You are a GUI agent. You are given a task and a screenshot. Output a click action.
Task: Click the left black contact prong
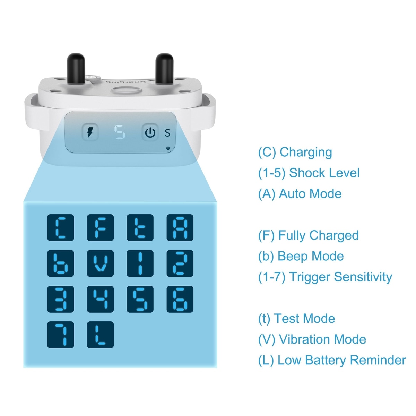coord(76,68)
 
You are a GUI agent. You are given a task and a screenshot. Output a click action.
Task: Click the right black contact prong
coord(165,68)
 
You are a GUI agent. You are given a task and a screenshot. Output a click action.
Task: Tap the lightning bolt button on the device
coord(90,132)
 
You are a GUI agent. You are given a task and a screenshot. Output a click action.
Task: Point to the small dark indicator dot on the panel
coord(168,148)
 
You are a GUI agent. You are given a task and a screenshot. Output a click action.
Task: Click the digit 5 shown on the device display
coord(119,132)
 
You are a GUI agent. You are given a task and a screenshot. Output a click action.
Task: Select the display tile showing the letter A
coord(180,227)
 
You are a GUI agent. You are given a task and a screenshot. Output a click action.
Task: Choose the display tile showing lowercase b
coord(61,263)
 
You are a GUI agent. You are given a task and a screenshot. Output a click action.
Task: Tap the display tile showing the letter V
coord(101,263)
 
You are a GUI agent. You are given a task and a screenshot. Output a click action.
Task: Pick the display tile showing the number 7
coord(61,335)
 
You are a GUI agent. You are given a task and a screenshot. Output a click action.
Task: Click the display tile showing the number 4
coord(101,299)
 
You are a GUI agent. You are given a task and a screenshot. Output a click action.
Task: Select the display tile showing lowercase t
coord(140,227)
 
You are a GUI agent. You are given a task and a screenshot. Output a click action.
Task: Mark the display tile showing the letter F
coord(101,227)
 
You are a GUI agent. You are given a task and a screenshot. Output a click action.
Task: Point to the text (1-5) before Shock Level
coord(272,173)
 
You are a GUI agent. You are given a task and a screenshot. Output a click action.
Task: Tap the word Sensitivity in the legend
coord(363,277)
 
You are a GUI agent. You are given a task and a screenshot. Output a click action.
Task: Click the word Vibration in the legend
coord(323,339)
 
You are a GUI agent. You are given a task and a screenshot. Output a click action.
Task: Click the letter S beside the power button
coord(167,133)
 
